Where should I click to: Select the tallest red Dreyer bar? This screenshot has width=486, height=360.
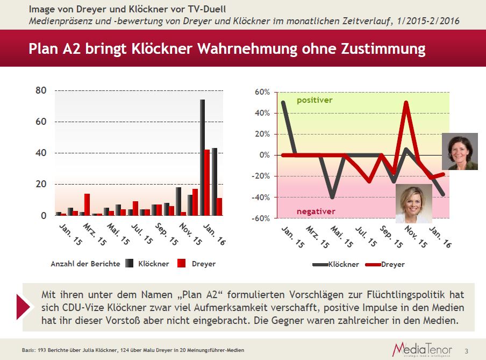(x=207, y=182)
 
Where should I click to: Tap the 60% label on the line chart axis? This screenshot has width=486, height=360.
(x=262, y=92)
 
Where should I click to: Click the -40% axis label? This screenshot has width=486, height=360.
(x=260, y=197)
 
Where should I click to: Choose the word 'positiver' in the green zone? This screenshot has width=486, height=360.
(x=315, y=100)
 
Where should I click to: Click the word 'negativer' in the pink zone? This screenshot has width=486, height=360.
(x=316, y=211)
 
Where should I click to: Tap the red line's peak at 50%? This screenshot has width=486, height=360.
(x=406, y=102)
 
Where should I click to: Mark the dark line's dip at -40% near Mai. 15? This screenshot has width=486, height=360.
(x=333, y=196)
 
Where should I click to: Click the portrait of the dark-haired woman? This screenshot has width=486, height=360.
(x=459, y=151)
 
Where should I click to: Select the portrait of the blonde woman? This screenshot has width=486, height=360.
(x=413, y=203)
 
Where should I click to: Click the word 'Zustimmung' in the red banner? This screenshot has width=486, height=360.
(x=383, y=49)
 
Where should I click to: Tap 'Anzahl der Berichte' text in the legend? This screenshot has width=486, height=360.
(x=84, y=264)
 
